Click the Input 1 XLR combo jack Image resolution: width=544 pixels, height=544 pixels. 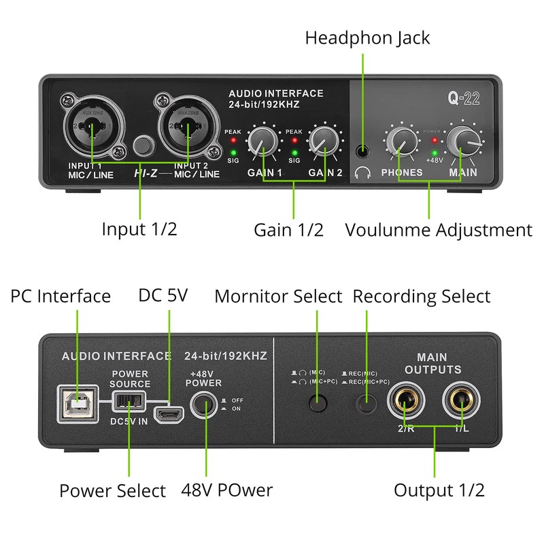tap(94, 124)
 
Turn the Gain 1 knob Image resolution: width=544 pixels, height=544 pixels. tap(262, 141)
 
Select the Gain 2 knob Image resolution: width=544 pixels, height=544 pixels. tap(322, 141)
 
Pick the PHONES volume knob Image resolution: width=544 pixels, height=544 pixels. tap(400, 141)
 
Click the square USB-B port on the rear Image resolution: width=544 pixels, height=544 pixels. tap(78, 403)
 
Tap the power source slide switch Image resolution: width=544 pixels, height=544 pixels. tap(129, 402)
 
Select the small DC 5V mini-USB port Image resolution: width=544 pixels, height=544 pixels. tap(166, 413)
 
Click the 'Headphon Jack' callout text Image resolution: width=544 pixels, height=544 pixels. tap(367, 37)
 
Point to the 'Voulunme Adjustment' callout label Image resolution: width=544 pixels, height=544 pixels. tap(439, 230)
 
